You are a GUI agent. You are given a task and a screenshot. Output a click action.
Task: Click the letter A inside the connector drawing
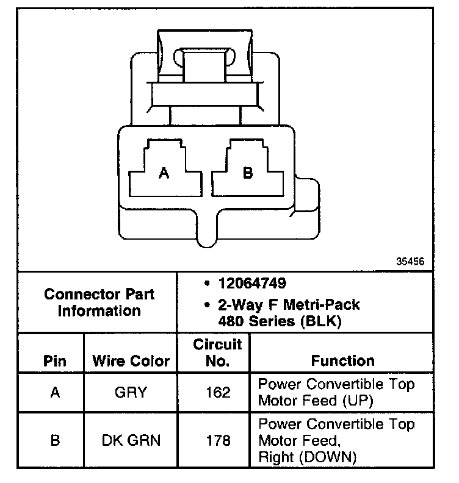point(164,174)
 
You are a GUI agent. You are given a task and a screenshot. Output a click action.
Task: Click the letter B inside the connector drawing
point(247,174)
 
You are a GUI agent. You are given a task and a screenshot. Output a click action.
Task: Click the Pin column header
point(55,360)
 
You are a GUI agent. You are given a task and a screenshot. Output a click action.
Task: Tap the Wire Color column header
point(131,360)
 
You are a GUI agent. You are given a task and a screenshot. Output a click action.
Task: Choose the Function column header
point(342,360)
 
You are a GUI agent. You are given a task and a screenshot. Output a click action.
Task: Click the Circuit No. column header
point(217,352)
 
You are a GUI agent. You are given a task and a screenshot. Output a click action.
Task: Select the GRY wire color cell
point(131,392)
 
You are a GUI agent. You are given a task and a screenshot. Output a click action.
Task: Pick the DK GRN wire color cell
point(131,439)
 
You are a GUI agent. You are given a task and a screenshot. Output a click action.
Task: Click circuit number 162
point(217,392)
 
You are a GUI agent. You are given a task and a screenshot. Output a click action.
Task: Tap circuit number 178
point(217,439)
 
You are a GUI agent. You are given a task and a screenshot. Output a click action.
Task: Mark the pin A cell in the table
point(55,392)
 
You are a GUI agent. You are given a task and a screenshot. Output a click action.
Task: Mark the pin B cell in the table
point(55,439)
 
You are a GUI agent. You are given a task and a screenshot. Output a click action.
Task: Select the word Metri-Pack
point(324,304)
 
